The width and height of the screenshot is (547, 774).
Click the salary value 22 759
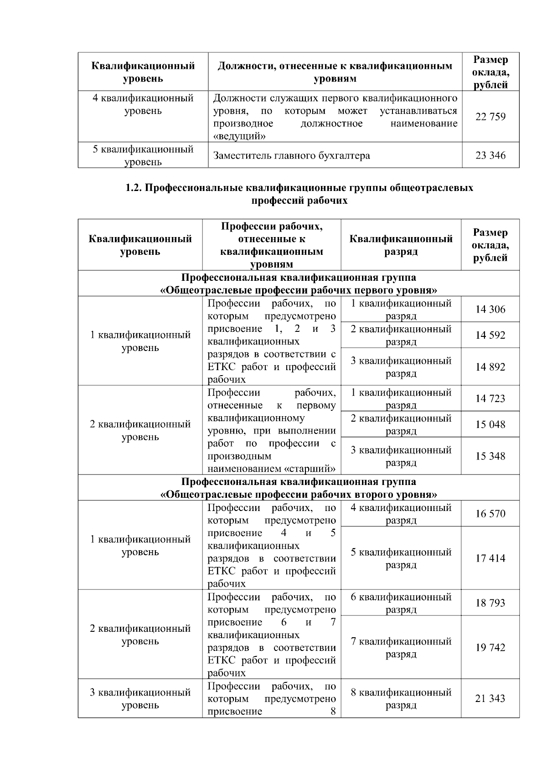(x=490, y=117)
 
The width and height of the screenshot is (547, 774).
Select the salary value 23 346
(x=490, y=155)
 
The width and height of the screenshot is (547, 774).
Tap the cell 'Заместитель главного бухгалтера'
(x=292, y=155)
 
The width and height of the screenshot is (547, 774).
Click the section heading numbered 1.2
(x=299, y=194)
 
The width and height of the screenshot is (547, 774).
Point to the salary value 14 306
(x=490, y=310)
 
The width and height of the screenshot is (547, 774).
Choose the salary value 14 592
(x=490, y=335)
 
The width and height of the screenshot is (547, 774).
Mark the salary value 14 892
(x=490, y=367)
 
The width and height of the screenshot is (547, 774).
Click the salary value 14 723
(x=490, y=398)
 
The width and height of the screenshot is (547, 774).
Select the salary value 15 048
(x=490, y=424)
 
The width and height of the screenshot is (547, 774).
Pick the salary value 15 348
(x=490, y=456)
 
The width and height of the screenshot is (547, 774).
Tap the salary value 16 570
(x=490, y=514)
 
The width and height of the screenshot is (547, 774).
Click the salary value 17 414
(x=490, y=558)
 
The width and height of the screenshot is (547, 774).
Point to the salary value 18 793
(x=490, y=603)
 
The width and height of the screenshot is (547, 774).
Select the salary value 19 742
(x=490, y=648)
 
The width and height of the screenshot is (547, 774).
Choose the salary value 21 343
(x=490, y=698)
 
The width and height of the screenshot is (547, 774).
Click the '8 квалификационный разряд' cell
(x=401, y=698)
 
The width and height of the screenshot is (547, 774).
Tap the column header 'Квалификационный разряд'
(x=401, y=245)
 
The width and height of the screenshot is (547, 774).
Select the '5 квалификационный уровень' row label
(x=143, y=155)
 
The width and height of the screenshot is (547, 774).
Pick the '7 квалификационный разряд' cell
(x=401, y=648)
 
